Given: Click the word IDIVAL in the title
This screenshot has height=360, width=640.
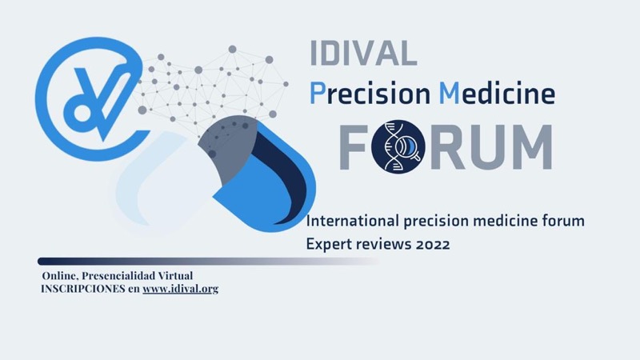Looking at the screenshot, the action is [x=363, y=53].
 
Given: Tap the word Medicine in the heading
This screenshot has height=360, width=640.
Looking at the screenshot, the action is [x=497, y=93].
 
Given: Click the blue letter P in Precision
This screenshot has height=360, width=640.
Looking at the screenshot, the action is [x=318, y=93].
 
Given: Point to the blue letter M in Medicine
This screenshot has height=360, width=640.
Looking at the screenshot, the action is [x=450, y=93].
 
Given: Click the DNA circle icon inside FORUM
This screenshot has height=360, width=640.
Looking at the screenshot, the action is [x=398, y=146].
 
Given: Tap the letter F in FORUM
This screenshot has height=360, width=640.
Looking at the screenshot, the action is [x=354, y=147].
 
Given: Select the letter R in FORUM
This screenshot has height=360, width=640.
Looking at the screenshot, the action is [x=447, y=147].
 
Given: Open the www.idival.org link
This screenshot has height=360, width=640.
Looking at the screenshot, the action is [x=181, y=289].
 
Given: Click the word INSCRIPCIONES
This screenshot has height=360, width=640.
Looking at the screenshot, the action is [x=83, y=289].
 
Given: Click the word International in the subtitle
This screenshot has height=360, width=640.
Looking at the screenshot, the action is [x=353, y=221].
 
